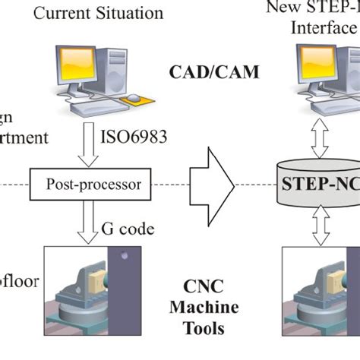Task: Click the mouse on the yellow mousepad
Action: (134, 98)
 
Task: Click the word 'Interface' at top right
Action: (322, 28)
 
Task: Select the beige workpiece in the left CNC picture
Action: (99, 282)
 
